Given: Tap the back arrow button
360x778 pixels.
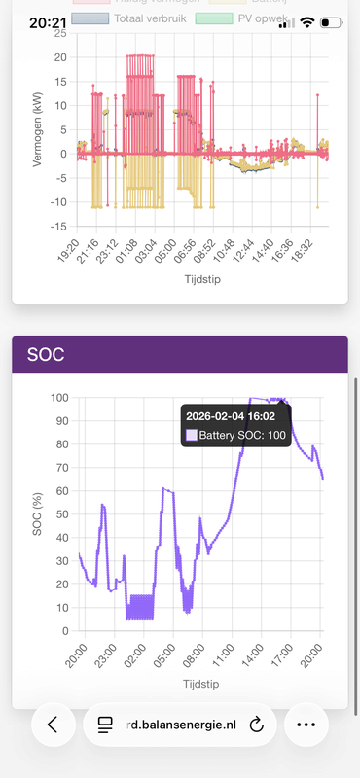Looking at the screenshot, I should (x=54, y=725).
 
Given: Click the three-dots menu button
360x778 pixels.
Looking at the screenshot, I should (x=305, y=725).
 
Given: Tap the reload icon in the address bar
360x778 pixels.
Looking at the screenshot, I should (x=258, y=725).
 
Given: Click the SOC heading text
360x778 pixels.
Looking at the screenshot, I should (x=45, y=355).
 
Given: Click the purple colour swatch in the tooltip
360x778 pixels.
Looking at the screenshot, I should (x=191, y=435).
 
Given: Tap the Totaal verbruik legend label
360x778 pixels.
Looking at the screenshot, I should (x=146, y=18).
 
